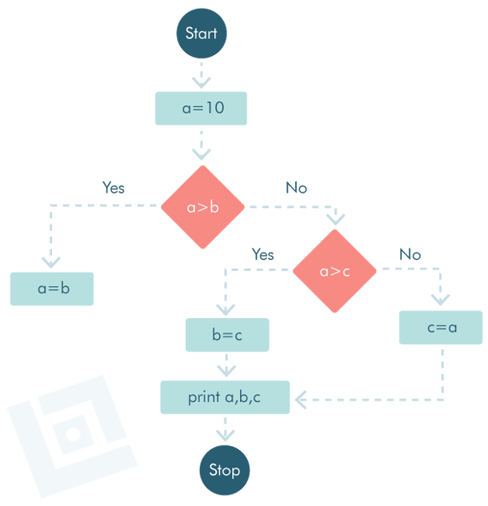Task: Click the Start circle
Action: (202, 34)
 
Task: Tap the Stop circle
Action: (224, 470)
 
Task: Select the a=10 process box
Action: (201, 108)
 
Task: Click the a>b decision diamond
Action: (202, 207)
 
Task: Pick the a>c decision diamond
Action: (334, 271)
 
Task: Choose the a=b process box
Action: (52, 289)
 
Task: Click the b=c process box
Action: (227, 335)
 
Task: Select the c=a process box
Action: (441, 327)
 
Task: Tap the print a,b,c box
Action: (225, 397)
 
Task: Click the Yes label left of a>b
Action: (114, 188)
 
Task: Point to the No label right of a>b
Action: (296, 188)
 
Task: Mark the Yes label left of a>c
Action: (262, 254)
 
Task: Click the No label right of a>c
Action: (410, 254)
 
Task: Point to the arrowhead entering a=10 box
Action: (201, 82)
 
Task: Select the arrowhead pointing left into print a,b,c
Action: (302, 397)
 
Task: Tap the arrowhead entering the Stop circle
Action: (225, 436)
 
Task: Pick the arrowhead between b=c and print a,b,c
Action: (227, 371)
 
